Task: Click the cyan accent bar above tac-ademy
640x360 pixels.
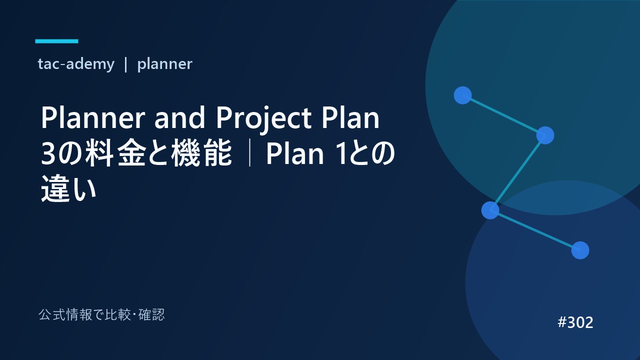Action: (56, 41)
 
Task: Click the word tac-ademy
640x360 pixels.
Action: (76, 64)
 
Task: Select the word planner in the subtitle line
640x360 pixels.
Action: (165, 64)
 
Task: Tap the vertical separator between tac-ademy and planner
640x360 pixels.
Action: (125, 64)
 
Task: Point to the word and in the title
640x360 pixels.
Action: (179, 117)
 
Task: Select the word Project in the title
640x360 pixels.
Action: (263, 119)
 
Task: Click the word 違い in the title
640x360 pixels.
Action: (68, 188)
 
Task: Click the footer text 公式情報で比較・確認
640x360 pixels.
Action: (101, 315)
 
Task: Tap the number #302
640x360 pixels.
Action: (575, 322)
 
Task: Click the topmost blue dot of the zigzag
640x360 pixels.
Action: (462, 95)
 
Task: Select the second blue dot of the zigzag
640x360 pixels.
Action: (545, 135)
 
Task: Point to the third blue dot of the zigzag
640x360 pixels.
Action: (490, 210)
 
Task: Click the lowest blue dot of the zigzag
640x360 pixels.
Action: (580, 250)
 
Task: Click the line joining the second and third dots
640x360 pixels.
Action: (517, 173)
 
